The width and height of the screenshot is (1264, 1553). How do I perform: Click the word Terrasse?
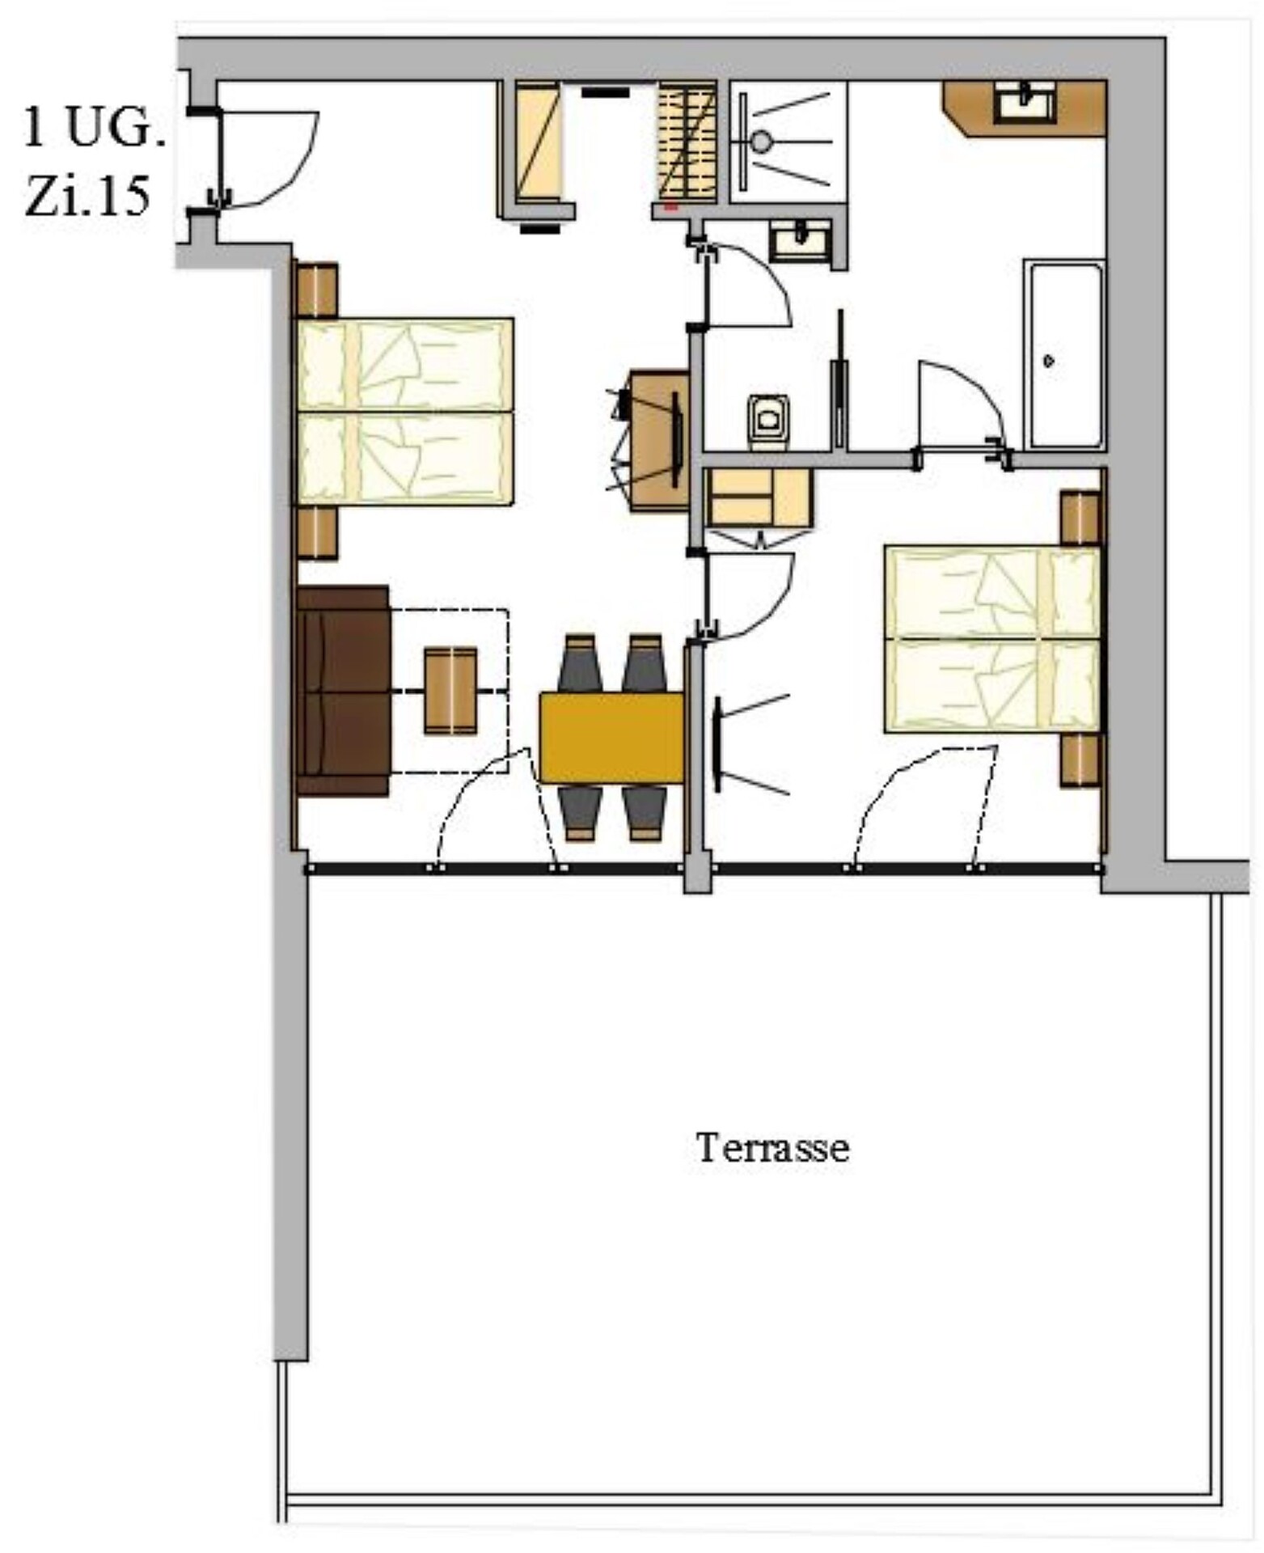pyautogui.click(x=772, y=1147)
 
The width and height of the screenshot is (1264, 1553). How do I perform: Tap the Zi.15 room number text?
pyautogui.click(x=87, y=197)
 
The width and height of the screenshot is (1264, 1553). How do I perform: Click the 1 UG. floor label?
pyautogui.click(x=92, y=129)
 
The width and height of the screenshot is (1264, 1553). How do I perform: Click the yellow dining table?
pyautogui.click(x=612, y=738)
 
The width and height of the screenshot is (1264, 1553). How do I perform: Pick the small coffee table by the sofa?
pyautogui.click(x=450, y=690)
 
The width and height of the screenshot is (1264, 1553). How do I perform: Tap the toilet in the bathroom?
pyautogui.click(x=768, y=421)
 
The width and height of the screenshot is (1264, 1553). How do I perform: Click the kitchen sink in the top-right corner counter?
pyautogui.click(x=1025, y=103)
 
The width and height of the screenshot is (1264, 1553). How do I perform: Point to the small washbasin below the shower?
pyautogui.click(x=800, y=240)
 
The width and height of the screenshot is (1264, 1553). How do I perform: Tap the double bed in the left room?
pyautogui.click(x=405, y=412)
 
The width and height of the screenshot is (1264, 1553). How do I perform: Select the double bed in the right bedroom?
pyautogui.click(x=993, y=639)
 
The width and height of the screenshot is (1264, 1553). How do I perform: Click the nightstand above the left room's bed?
pyautogui.click(x=317, y=290)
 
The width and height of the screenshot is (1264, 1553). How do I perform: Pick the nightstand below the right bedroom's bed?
pyautogui.click(x=1080, y=760)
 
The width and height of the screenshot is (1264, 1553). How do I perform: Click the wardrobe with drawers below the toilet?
pyautogui.click(x=759, y=497)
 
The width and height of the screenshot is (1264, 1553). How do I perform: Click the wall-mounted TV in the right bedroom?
pyautogui.click(x=717, y=743)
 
